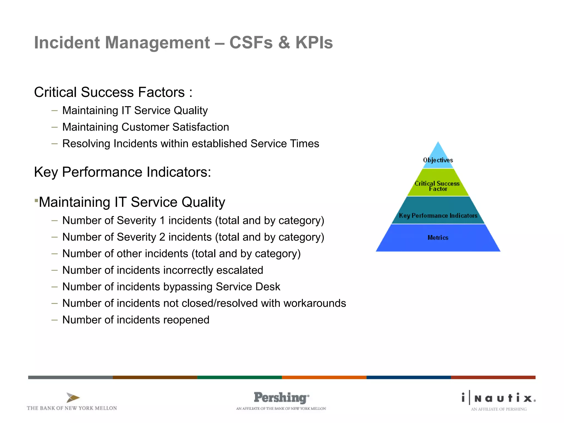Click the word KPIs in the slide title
tap(314, 43)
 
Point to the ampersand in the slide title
tap(284, 43)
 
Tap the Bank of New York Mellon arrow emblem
tap(73, 397)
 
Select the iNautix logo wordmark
tap(498, 398)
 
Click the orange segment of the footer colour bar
tap(324, 377)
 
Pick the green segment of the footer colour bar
tap(239, 377)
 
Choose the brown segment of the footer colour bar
tap(155, 377)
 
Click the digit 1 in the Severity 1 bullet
tap(162, 221)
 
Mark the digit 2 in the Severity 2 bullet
tap(162, 237)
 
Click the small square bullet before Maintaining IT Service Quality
tap(36, 200)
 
